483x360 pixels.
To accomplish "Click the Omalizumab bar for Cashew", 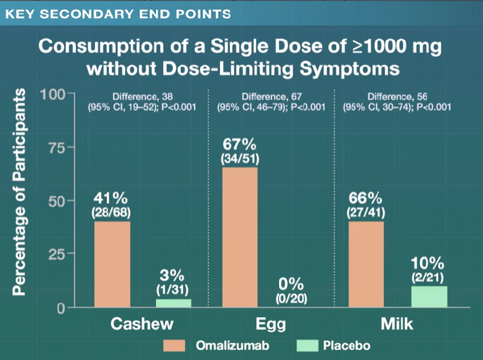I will pyautogui.click(x=112, y=264).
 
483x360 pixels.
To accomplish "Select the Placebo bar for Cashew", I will pyautogui.click(x=174, y=303).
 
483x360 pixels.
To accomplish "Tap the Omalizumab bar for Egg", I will pyautogui.click(x=240, y=237).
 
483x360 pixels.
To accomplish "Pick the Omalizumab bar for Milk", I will pyautogui.click(x=366, y=264).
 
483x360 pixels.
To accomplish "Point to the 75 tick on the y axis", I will pyautogui.click(x=56, y=148).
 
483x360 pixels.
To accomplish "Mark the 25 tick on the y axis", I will pyautogui.click(x=56, y=255).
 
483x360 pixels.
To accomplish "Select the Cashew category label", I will pyautogui.click(x=143, y=324).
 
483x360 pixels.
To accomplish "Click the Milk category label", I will pyautogui.click(x=397, y=324).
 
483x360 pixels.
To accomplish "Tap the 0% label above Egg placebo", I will pyautogui.click(x=290, y=284).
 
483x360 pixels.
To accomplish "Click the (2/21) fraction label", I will pyautogui.click(x=429, y=278).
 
